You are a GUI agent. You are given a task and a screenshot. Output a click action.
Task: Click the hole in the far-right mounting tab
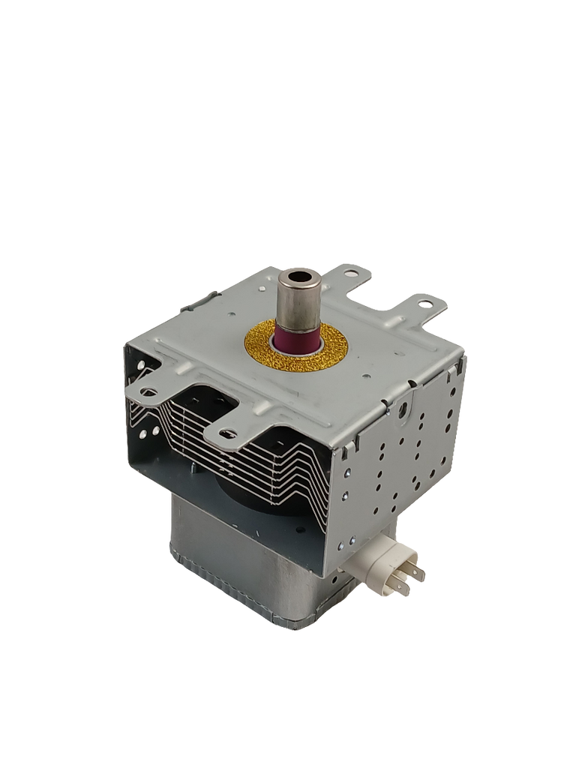tap(426, 305)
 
